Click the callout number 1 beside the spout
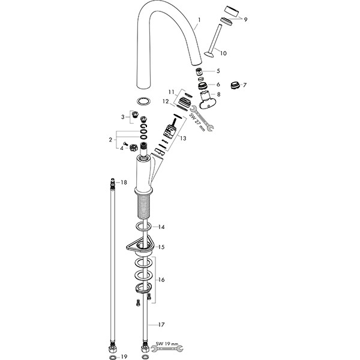(x=199, y=20)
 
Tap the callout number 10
(x=223, y=53)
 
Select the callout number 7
(x=245, y=85)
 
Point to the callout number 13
(x=183, y=139)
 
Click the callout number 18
(x=124, y=182)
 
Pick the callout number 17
(x=161, y=325)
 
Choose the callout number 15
(x=161, y=247)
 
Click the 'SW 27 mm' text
(x=197, y=122)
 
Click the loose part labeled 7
(x=235, y=85)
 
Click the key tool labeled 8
(x=206, y=100)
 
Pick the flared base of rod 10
(x=209, y=55)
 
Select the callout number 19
(x=124, y=357)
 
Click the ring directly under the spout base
(x=143, y=101)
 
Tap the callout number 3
(x=122, y=117)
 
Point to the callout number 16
(x=161, y=280)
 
